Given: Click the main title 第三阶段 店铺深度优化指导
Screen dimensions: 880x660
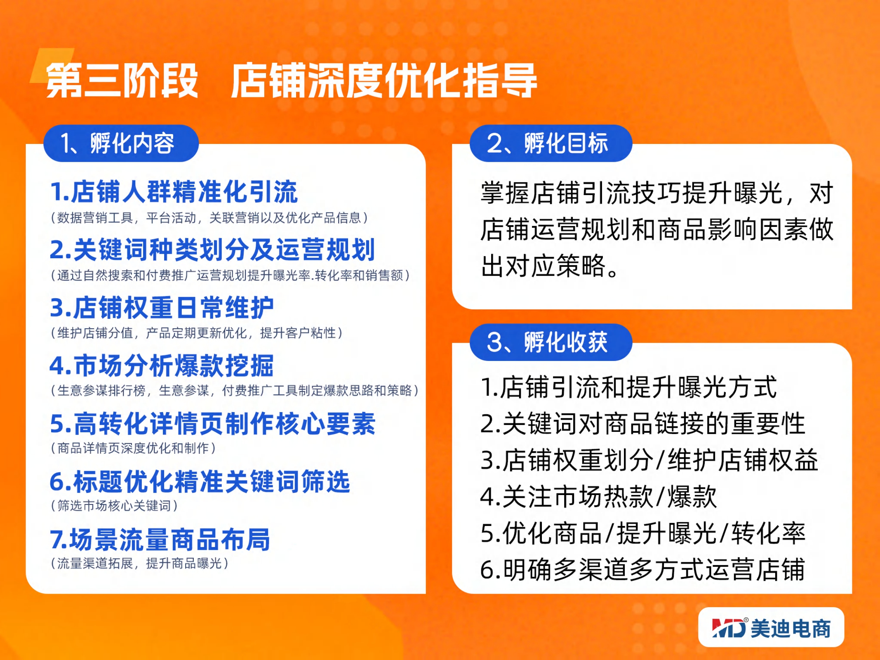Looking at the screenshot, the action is [291, 80].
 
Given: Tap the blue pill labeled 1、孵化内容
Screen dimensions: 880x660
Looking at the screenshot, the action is [121, 143].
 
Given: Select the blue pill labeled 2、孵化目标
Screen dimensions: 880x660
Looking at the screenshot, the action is [551, 143].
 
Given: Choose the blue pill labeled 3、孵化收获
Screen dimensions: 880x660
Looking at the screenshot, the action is [551, 342].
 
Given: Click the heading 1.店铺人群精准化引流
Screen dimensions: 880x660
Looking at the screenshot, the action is [174, 192].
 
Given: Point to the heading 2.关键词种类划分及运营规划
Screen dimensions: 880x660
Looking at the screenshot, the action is [212, 250].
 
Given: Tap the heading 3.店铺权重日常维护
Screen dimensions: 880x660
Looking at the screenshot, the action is [162, 308].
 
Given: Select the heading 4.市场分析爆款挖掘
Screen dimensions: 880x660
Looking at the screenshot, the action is [162, 365].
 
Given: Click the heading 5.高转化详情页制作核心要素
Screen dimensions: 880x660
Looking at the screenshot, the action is [212, 424].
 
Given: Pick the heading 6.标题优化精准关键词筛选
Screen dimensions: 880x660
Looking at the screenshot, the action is [200, 481].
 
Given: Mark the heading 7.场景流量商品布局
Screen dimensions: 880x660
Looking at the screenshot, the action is [160, 540].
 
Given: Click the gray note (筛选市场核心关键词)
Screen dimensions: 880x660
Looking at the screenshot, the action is [114, 505].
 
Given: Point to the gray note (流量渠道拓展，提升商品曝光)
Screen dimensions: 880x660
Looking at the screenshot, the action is [140, 563].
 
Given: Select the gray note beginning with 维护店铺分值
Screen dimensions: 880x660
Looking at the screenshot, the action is [197, 332].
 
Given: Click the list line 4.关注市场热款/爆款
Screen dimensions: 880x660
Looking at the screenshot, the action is [599, 496].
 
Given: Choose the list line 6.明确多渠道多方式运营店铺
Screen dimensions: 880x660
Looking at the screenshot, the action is [643, 569].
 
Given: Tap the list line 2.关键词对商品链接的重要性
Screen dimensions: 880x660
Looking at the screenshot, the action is [643, 423].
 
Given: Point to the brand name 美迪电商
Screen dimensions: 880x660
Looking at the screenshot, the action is [791, 629].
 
